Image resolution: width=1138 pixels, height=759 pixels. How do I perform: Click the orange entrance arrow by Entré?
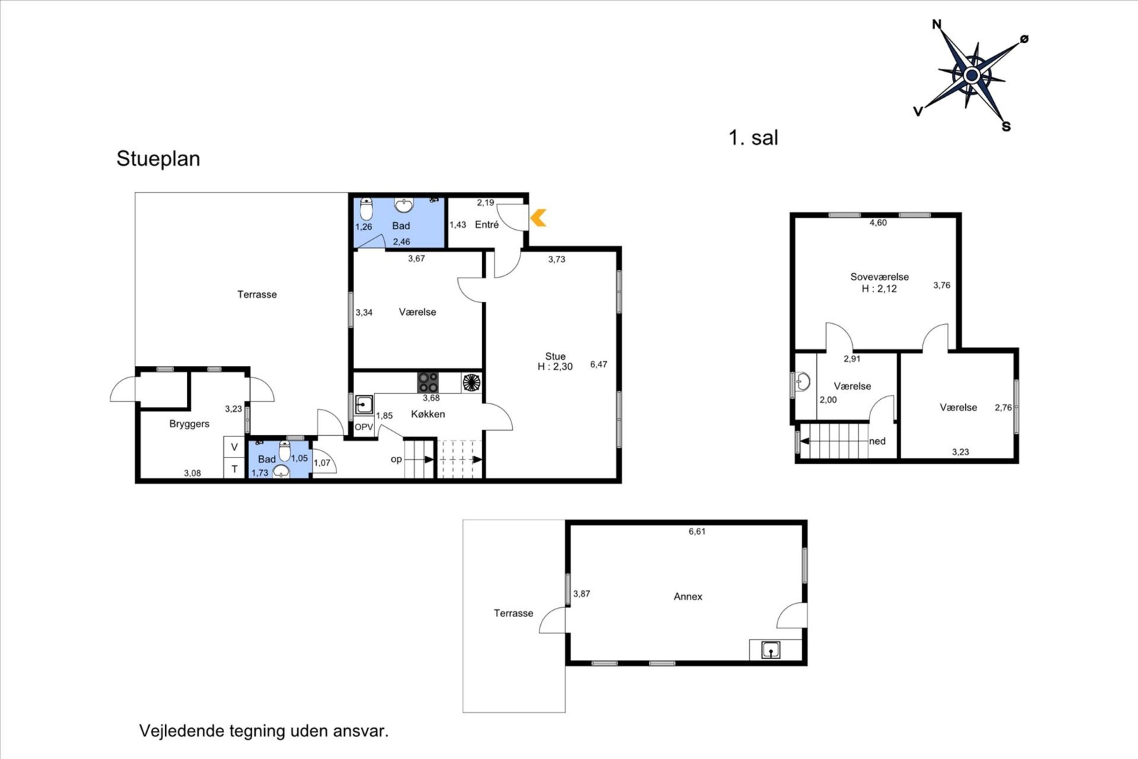coord(539,218)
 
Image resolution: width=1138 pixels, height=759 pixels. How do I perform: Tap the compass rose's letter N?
coord(937,24)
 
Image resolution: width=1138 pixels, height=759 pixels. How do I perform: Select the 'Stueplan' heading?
coord(159,159)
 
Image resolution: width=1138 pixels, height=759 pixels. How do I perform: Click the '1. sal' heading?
coord(753,138)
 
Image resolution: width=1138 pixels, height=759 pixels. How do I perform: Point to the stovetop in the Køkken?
coord(428,382)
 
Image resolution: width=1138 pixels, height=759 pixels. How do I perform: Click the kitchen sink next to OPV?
coord(364,406)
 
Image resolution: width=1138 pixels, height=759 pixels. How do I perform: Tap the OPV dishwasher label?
coord(364,427)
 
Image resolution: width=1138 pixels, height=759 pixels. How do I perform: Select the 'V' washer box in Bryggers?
coord(234,448)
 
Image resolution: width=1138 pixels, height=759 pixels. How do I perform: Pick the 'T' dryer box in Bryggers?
coord(234,469)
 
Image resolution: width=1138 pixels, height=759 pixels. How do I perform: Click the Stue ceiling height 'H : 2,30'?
coord(555,367)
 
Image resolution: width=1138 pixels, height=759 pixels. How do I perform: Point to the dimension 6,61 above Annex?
coord(697,531)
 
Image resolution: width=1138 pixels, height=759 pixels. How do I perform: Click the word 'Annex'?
coord(688,597)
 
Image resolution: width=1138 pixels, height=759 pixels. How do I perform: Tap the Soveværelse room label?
coord(879,277)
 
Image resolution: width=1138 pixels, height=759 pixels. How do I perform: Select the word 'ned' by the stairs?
coord(877,441)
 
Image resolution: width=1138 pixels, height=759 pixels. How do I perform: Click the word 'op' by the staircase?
coord(396,460)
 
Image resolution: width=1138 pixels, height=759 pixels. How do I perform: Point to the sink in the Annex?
coord(771,650)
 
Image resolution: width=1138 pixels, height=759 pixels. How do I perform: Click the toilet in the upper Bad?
coord(366,209)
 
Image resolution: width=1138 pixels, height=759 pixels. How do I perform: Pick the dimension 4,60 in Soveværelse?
coord(878,223)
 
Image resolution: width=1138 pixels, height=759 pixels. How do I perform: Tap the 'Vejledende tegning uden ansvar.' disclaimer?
coord(263,731)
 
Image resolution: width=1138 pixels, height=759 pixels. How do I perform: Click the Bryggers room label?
coord(189,424)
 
